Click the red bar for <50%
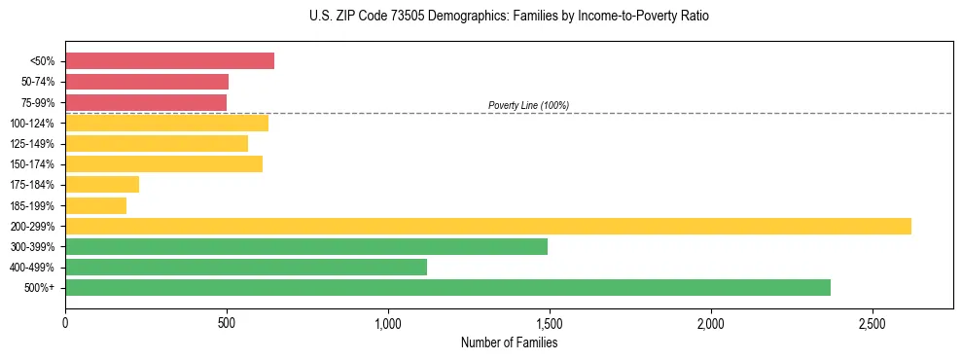tap(169, 61)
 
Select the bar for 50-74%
tap(147, 82)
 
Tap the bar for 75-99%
tap(146, 102)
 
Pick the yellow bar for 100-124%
tap(166, 123)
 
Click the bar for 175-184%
tap(102, 184)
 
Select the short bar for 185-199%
tap(95, 205)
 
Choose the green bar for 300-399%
tap(306, 246)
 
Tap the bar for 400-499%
tap(246, 267)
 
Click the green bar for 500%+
tap(447, 287)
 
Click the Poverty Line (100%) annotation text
tap(528, 105)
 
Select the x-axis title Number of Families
tap(509, 342)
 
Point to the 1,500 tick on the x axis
tap(550, 322)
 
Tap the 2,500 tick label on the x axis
tap(873, 322)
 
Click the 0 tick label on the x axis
tap(65, 322)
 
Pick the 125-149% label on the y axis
tap(32, 144)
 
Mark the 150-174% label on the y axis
tap(32, 164)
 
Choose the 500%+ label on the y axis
tap(40, 288)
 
